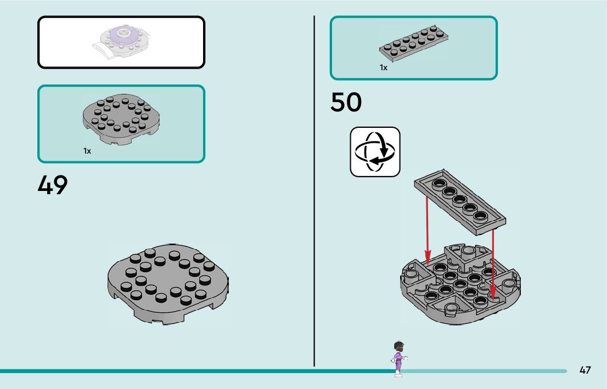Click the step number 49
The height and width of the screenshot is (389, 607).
[x=53, y=185]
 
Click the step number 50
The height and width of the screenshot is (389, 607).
[x=346, y=103]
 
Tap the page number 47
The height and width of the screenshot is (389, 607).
[x=585, y=370]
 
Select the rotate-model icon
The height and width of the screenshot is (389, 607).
[x=375, y=152]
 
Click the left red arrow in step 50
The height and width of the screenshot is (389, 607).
[x=427, y=225]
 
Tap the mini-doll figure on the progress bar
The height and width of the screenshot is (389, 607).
[x=398, y=359]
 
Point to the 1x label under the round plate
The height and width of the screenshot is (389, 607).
[x=87, y=150]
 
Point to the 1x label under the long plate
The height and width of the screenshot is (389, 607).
[x=384, y=67]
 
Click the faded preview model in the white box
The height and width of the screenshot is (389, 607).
[x=122, y=42]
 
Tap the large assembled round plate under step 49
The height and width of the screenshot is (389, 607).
[x=168, y=283]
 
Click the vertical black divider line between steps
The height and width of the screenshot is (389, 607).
[x=314, y=192]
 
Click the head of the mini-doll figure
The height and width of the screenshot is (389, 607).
[x=399, y=347]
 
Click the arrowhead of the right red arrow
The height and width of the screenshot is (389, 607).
[x=493, y=296]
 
